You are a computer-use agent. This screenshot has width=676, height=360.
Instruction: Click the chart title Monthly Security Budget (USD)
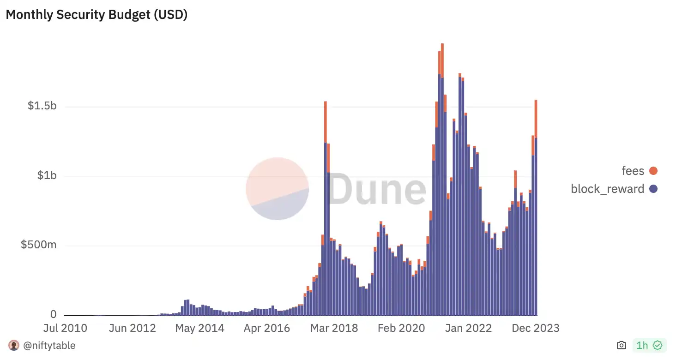tap(97, 15)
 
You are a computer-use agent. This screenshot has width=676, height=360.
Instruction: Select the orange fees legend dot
tap(653, 171)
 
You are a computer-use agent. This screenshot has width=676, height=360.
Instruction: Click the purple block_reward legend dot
tap(653, 189)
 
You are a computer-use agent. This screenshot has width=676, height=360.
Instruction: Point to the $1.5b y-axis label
tap(42, 106)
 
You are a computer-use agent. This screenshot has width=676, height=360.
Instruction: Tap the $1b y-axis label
tap(47, 175)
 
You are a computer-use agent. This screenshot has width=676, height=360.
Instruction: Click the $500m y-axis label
tap(38, 245)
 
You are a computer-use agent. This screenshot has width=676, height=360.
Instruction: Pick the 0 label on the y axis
tap(54, 314)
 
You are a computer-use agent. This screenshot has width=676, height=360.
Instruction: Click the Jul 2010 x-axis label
tap(65, 328)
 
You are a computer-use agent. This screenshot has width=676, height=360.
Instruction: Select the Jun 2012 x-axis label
tap(132, 328)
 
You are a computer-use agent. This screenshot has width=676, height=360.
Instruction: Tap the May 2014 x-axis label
tap(199, 328)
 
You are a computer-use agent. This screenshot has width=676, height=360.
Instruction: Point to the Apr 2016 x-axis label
tap(267, 328)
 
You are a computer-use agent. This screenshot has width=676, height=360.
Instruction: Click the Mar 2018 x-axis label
tap(334, 328)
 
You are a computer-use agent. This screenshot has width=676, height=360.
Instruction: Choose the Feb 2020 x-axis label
tap(401, 328)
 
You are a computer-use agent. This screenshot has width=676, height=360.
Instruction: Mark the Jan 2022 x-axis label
tap(469, 328)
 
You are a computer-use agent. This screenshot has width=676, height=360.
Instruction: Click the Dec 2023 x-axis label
tap(536, 328)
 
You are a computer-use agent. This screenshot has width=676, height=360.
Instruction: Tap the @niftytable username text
tap(49, 345)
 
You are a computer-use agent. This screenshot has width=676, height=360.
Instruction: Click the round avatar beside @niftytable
tap(14, 345)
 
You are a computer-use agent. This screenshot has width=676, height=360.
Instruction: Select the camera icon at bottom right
tap(622, 345)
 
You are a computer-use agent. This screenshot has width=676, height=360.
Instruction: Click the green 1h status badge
tap(649, 345)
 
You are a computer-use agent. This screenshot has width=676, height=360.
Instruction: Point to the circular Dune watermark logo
tap(277, 188)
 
